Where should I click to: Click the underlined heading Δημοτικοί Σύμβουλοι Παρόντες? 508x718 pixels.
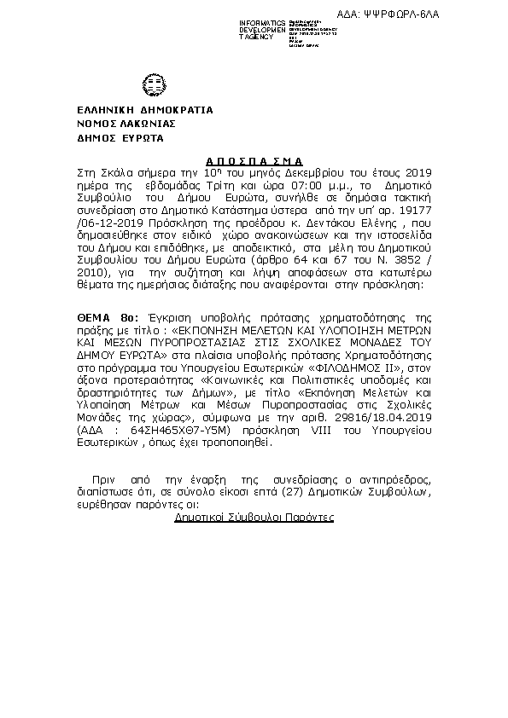[254, 518]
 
